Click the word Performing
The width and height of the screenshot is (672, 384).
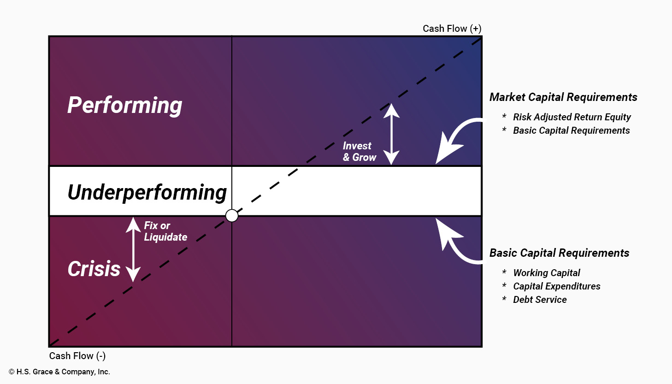pos(125,105)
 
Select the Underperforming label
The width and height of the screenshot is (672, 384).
pos(147,192)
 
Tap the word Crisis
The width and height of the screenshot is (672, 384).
pos(94,269)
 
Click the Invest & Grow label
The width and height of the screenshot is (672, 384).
pos(360,152)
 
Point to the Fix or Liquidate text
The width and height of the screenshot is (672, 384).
pos(165,231)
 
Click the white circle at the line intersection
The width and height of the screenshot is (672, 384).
pos(232,215)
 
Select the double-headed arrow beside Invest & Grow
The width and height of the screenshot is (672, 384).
pos(391,134)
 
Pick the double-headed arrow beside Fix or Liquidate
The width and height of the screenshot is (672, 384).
pos(133,249)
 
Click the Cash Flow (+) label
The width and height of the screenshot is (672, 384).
pos(452,29)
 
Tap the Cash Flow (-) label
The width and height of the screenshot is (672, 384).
pos(77,356)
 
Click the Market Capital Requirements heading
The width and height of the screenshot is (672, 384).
pos(563,97)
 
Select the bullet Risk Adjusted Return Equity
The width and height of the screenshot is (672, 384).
pos(572,117)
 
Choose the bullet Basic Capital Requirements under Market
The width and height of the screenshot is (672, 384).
pos(571,130)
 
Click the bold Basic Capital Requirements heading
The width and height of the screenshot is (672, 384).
pos(559,253)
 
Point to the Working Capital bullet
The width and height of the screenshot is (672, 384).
pos(546,273)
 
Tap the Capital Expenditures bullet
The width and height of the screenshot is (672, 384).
pos(556,286)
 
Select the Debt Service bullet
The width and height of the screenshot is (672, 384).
pos(540,300)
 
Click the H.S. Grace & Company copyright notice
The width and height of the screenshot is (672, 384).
pos(59,372)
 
